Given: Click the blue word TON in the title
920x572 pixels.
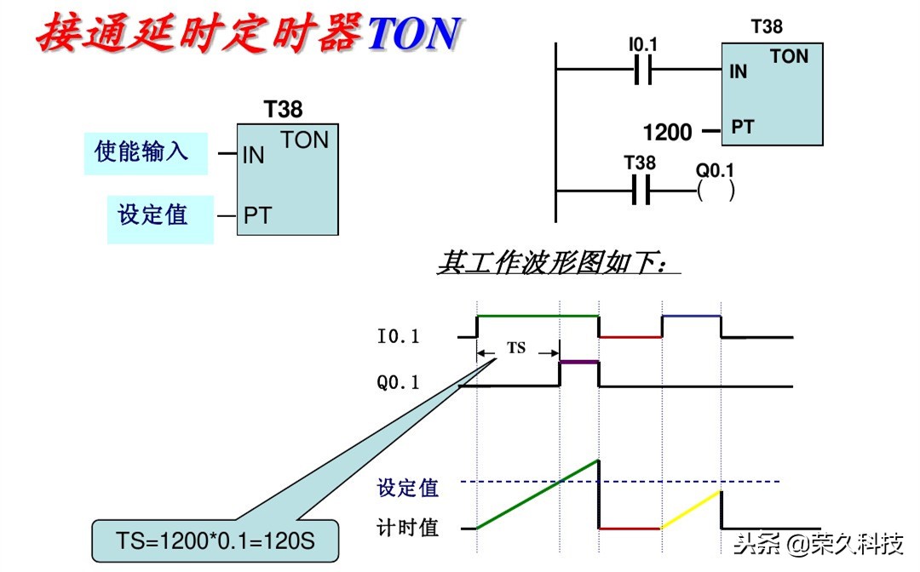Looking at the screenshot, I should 414,34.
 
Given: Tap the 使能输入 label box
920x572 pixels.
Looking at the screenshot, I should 145,153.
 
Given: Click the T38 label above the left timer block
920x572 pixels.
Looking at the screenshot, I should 283,110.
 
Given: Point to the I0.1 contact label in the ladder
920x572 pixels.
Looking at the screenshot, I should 643,43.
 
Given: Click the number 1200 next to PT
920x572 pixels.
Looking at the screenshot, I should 667,132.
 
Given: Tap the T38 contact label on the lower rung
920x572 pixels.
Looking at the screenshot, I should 640,163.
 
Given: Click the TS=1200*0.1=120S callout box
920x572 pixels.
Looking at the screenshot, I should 215,541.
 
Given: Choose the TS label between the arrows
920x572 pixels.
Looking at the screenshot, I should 517,348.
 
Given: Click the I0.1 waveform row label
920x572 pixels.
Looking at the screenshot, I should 398,337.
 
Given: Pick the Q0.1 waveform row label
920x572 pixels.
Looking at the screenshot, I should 398,383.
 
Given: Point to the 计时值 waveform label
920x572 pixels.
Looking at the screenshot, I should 407,528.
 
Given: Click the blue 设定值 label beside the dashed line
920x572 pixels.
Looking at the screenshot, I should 407,488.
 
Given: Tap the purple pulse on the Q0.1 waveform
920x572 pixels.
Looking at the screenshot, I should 579,362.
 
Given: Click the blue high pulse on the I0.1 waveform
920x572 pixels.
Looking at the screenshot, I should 692,316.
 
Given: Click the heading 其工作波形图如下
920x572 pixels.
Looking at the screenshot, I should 559,262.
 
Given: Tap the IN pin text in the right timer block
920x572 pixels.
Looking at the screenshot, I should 739,72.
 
